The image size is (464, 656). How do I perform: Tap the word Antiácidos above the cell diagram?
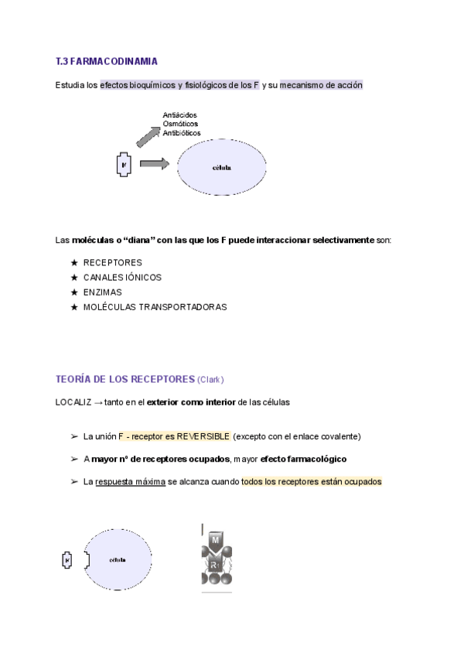coord(180,115)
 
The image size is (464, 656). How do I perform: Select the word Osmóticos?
coord(179,124)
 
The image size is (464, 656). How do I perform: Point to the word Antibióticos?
coord(182,133)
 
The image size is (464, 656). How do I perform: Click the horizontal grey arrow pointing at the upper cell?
coord(155,163)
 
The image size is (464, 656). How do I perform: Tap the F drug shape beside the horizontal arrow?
coord(124,165)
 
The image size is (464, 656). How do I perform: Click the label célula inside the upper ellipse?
coord(221,167)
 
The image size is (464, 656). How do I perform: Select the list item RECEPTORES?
coord(113,262)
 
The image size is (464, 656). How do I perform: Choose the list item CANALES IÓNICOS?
coord(122,277)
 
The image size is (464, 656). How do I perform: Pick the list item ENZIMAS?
coord(103,292)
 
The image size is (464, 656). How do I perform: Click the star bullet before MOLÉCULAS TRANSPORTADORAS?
coord(74,307)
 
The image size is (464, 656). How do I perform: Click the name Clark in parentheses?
coord(210,380)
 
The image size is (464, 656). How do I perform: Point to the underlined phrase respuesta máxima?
coord(130,481)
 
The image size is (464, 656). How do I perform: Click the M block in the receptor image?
coord(217,538)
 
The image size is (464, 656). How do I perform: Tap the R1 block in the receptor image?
coord(217,563)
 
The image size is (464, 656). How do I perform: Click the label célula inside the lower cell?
coord(118,560)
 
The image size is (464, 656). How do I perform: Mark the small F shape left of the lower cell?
coord(67,560)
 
